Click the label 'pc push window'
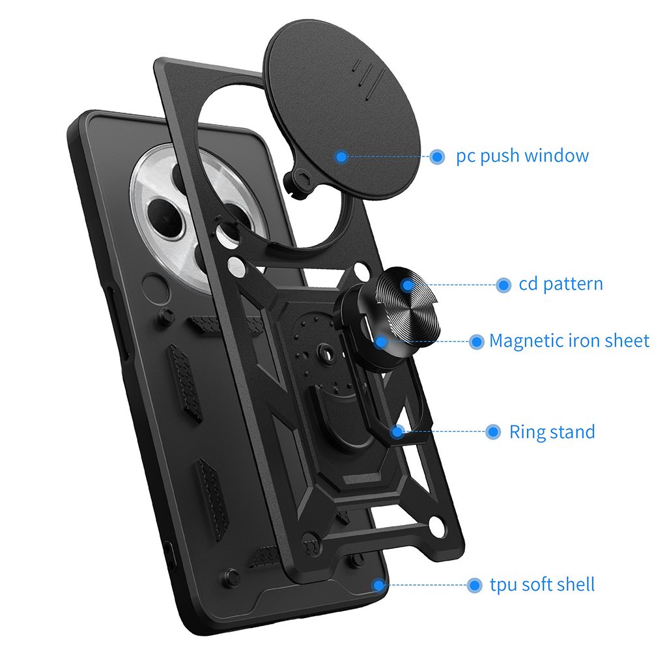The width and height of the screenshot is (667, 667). [522, 156]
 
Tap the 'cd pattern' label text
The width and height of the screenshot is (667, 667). [561, 285]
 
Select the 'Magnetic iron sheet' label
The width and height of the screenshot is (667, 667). [569, 341]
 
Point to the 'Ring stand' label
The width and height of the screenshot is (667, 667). [552, 432]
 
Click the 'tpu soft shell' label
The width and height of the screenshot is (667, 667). [542, 584]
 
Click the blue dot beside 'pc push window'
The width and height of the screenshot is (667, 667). [437, 156]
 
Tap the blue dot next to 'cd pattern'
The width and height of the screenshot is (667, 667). [503, 285]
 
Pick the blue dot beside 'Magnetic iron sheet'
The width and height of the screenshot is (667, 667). [477, 341]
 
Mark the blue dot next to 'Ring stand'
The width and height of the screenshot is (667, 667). [494, 432]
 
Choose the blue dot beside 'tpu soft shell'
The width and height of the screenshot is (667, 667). [475, 585]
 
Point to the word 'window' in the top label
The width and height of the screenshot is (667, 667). [556, 156]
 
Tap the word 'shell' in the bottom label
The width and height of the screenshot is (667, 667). [573, 584]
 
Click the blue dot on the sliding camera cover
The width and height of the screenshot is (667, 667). [341, 156]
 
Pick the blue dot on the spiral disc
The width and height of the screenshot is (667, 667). [407, 285]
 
